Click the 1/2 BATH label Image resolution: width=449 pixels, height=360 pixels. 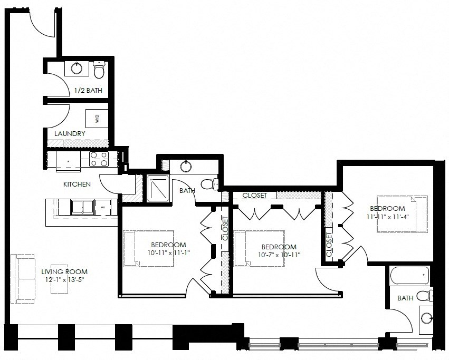tap(88, 90)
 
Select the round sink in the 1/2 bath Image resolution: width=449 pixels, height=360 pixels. tap(77, 67)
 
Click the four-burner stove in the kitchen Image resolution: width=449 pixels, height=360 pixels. tap(98, 159)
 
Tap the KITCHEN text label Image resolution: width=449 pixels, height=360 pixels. tap(77, 184)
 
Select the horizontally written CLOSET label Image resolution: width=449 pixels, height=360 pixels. tap(254, 196)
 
